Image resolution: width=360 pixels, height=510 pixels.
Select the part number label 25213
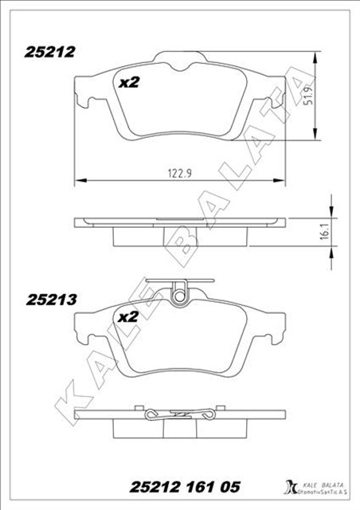click(x=50, y=300)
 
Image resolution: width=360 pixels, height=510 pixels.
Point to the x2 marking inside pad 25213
click(x=128, y=317)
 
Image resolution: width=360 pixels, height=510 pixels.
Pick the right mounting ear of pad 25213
click(x=278, y=325)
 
